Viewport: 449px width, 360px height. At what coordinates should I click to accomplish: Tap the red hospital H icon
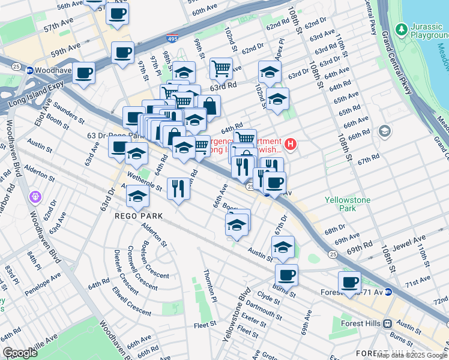(x=291, y=144)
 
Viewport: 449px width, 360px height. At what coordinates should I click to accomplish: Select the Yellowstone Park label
(x=348, y=204)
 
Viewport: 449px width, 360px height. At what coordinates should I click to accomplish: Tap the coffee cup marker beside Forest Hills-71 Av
(x=349, y=281)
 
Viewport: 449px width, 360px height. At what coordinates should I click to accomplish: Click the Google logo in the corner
(x=20, y=353)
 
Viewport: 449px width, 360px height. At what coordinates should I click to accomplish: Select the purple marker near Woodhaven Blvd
(x=35, y=196)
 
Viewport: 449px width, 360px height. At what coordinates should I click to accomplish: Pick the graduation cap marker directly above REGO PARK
(x=137, y=196)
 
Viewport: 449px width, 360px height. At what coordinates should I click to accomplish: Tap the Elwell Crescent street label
(x=131, y=301)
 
